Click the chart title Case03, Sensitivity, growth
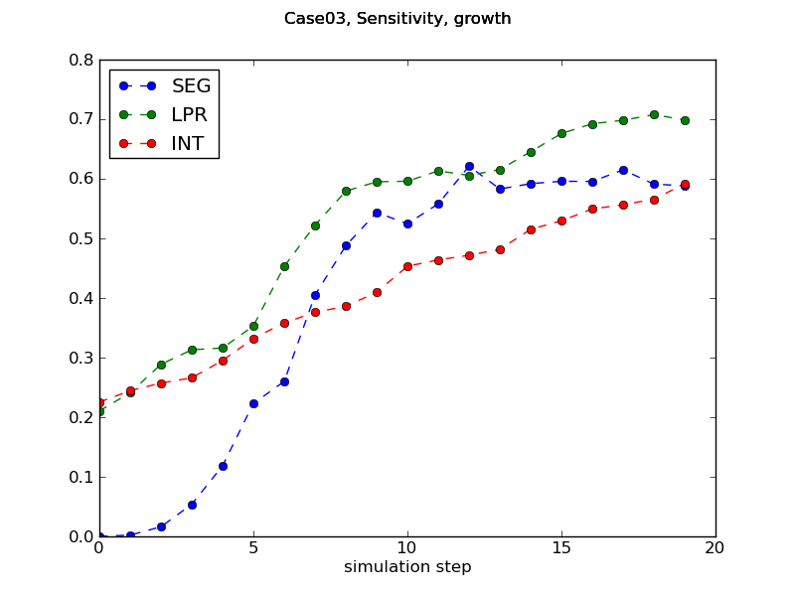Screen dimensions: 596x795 [x=397, y=19]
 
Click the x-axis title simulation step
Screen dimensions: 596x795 [x=407, y=567]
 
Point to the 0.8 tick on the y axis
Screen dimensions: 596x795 [x=80, y=60]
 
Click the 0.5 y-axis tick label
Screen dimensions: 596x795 [x=80, y=238]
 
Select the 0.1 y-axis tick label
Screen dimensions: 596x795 [x=80, y=477]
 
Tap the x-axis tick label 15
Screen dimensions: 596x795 [x=561, y=548]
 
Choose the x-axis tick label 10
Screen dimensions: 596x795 [x=407, y=548]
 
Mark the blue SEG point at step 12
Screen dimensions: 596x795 [x=469, y=167]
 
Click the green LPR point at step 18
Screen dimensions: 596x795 [x=654, y=114]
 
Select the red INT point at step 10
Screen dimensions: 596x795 [x=407, y=266]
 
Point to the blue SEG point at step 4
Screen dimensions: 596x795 [x=223, y=466]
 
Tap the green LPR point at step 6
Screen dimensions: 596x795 [x=284, y=266]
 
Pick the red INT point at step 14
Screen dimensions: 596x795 [x=531, y=229]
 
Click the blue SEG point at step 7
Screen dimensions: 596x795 [x=315, y=295]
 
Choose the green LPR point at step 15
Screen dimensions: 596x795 [x=561, y=133]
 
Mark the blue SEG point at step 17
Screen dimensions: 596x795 [x=623, y=170]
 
